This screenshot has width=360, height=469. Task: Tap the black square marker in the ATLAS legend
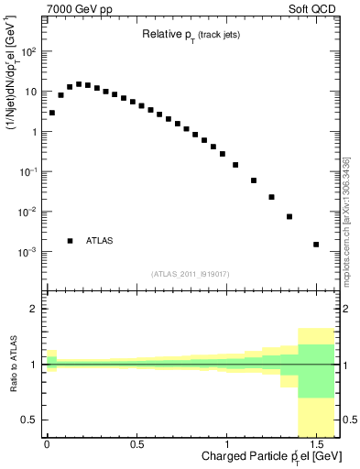point(70,241)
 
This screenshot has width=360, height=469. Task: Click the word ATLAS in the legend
point(100,241)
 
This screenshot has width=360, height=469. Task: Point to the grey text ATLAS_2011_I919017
point(189,273)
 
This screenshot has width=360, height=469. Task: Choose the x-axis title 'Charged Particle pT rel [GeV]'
point(261,455)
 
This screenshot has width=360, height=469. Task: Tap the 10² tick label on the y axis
point(28,52)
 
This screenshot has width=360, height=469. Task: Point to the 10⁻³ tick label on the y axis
point(28,252)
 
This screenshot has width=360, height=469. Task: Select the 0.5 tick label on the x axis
point(136,444)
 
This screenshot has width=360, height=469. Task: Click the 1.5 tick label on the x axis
point(316,444)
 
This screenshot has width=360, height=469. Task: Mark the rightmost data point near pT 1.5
point(316,245)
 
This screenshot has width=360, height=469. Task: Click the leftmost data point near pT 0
point(52,113)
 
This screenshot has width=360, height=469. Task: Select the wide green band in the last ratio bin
point(316,371)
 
